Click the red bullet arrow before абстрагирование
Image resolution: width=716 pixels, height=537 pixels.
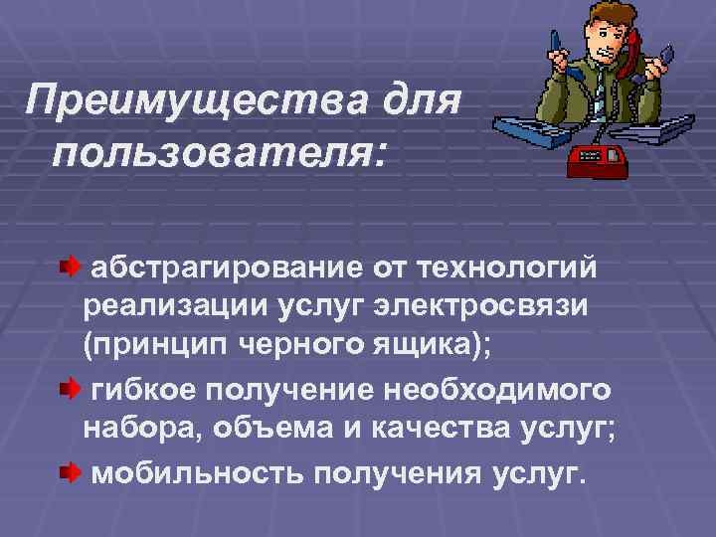(x=69, y=268)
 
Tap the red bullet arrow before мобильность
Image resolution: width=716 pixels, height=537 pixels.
(x=69, y=467)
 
